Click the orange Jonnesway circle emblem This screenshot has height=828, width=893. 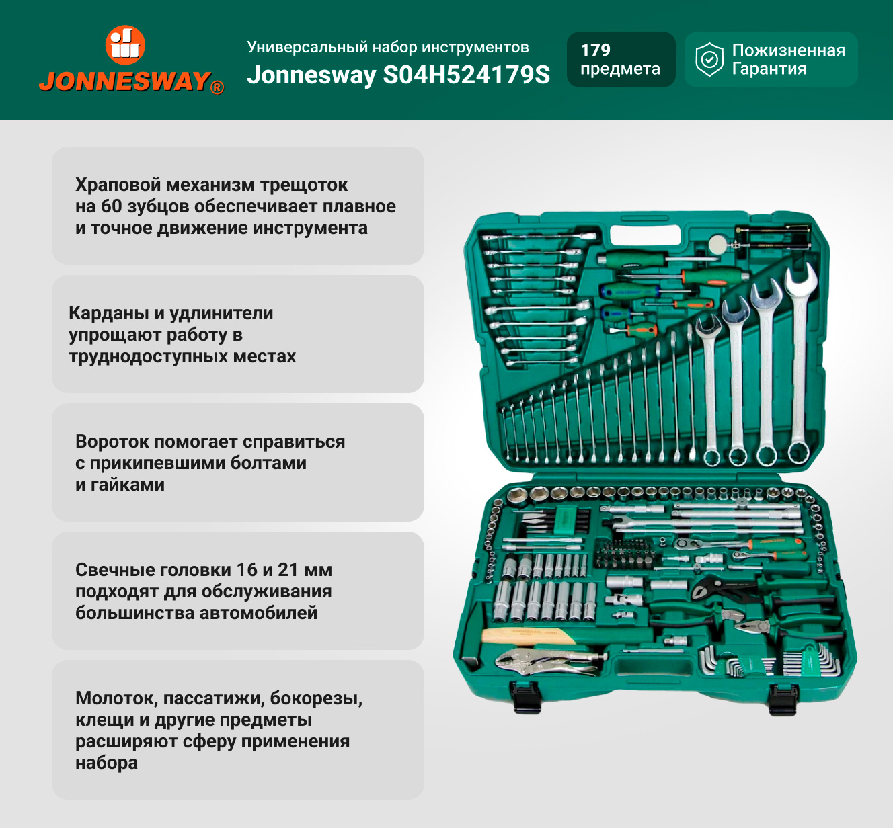pos(125,45)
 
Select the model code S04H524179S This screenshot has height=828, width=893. pos(466,75)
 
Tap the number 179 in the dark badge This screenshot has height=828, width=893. pos(595,50)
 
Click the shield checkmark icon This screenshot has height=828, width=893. pos(709,59)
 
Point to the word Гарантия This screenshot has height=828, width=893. pos(769,69)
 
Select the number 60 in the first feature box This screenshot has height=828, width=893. pos(112,206)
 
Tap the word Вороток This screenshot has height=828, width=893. pos(112,442)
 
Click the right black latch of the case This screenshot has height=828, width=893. pos(783,700)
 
